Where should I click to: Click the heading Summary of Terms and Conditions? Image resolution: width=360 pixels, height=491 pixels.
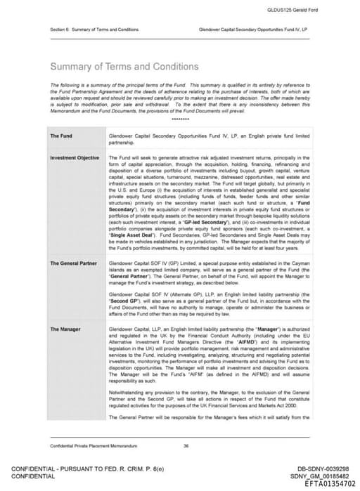click(x=124, y=67)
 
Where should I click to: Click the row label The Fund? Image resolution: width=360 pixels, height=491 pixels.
click(x=60, y=136)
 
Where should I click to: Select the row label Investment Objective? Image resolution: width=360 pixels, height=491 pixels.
click(x=75, y=158)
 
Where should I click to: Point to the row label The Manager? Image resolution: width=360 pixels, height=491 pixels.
click(x=65, y=329)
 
